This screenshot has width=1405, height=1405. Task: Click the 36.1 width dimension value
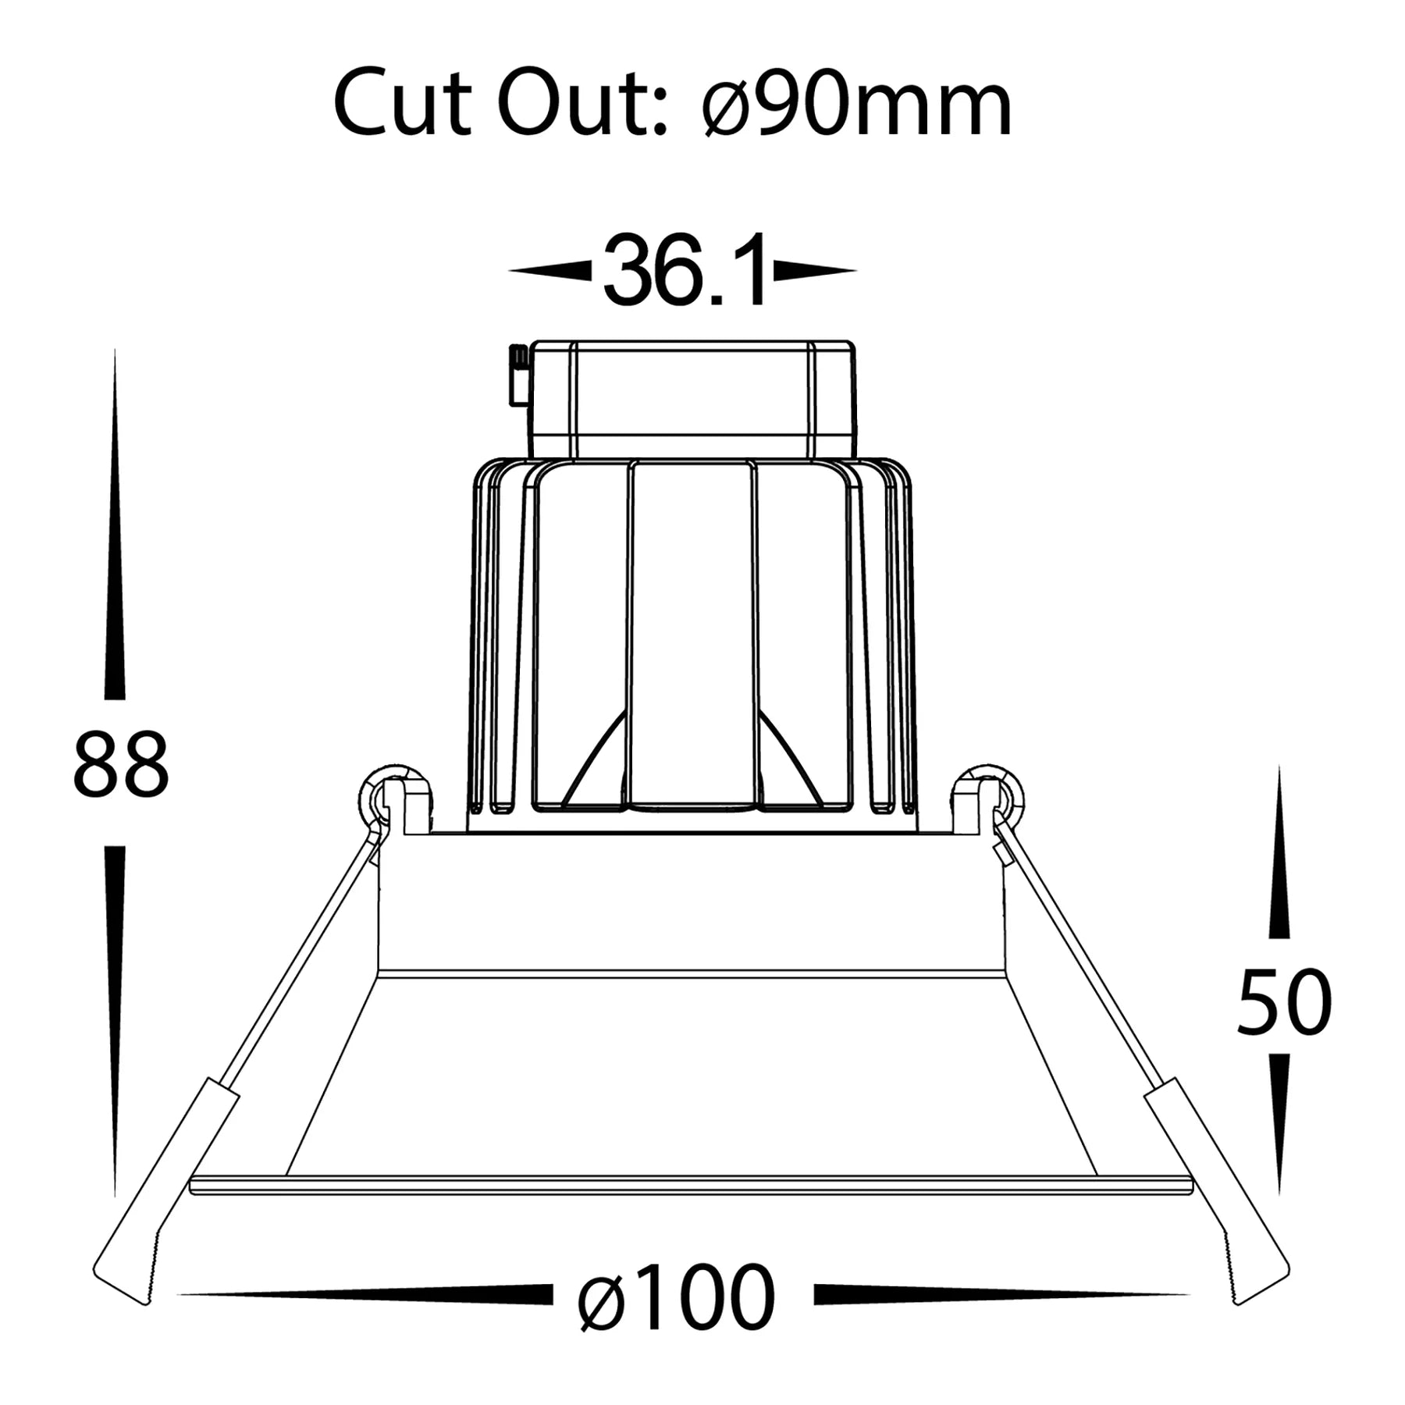coord(685,270)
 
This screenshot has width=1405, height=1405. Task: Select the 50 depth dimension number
coord(1284,1001)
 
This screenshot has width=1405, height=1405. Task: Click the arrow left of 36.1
coord(550,271)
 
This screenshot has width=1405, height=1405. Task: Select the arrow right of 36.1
coord(815,271)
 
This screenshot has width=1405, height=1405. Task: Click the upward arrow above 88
coord(115,523)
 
